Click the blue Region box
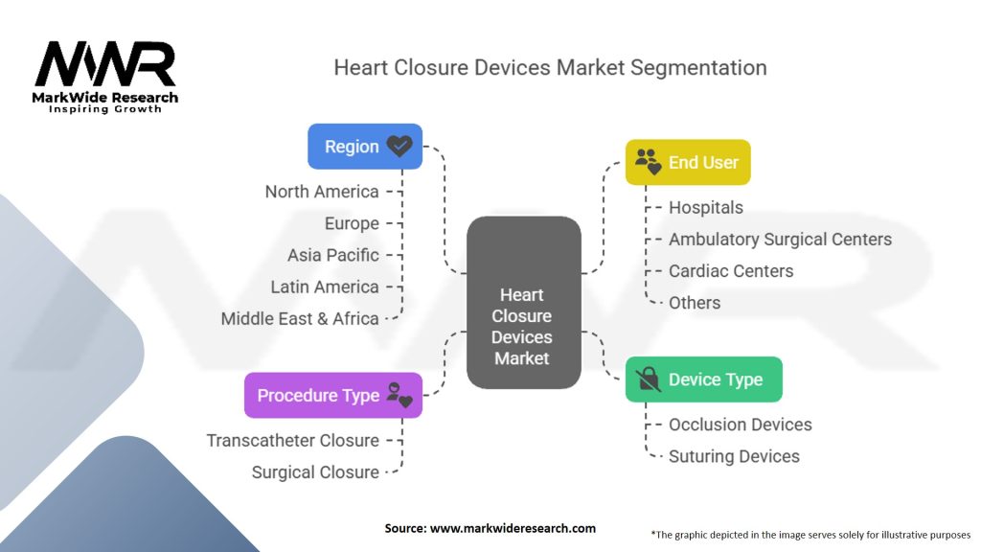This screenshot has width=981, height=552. pos(364,147)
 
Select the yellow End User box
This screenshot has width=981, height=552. pos(688,163)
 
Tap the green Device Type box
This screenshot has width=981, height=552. pos(703,379)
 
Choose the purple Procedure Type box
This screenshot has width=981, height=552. pos(332,395)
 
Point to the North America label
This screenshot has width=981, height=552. pos(322,192)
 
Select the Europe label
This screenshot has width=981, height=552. pos(352,223)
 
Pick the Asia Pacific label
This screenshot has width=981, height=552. pos(333,255)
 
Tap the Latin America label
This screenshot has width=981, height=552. pos(325,287)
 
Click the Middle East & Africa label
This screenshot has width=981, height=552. pos(300,318)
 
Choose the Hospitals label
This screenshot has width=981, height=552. pos(705,207)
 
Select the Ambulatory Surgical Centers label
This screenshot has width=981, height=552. pos(780,239)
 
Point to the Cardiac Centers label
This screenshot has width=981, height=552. pos(731,270)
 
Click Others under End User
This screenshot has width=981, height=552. pos(695,302)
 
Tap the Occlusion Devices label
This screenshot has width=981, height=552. pos(740,424)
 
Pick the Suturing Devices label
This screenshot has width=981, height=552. pos(734,456)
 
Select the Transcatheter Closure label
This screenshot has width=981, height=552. pos(293,440)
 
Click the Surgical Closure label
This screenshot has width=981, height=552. pos(315,471)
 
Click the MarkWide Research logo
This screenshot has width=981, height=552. pos(106,77)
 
